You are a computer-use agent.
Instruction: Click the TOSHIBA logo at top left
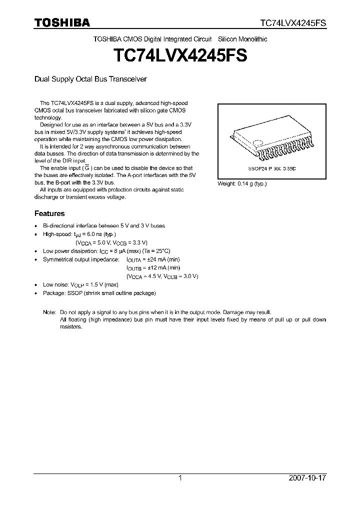[x=61, y=22]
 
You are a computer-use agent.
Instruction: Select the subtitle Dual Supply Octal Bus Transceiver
[x=90, y=79]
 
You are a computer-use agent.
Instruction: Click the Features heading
[x=49, y=213]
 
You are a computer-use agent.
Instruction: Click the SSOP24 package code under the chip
[x=271, y=169]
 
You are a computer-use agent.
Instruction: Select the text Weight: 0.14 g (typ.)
[x=242, y=183]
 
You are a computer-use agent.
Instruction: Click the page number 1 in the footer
[x=180, y=478]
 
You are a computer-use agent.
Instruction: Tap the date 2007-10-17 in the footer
[x=308, y=478]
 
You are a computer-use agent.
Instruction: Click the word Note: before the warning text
[x=49, y=311]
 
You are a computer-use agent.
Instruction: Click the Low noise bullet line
[x=80, y=284]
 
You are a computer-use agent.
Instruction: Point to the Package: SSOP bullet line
[x=99, y=292]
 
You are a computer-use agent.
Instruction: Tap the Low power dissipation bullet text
[x=106, y=251]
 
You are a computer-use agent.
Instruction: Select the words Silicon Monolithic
[x=243, y=39]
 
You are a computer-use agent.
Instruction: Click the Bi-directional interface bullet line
[x=103, y=225]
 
